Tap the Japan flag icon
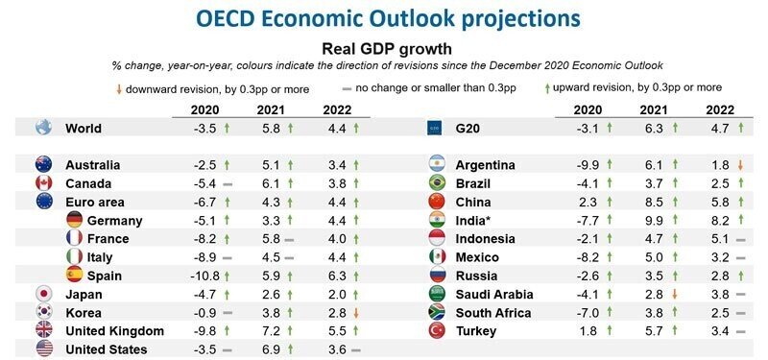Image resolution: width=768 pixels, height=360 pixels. [x=43, y=294]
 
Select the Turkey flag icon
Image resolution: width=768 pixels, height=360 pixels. [x=437, y=331]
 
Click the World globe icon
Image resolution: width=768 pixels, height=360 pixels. [x=43, y=128]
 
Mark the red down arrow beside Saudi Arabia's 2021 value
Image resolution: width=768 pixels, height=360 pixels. [x=686, y=295]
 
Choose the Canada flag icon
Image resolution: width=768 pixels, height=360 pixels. [x=43, y=182]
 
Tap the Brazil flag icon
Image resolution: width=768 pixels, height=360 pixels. [x=437, y=182]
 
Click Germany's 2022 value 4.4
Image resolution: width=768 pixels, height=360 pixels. [x=334, y=220]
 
